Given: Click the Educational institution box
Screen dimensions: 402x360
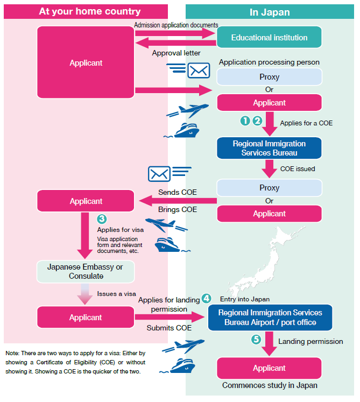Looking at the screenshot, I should (x=269, y=38).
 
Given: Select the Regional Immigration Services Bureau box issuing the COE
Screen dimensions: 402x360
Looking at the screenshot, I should (x=269, y=149).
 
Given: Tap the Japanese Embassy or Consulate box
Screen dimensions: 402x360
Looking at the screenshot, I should (x=86, y=272).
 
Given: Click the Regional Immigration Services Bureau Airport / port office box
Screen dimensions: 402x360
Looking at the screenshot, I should (x=269, y=318).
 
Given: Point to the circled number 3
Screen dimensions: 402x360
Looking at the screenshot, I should (x=101, y=219).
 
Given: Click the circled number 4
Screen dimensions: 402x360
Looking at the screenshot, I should (x=207, y=298).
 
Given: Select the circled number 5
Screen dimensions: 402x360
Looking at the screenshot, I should (x=256, y=340).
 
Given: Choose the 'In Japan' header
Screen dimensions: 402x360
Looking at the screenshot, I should (x=270, y=11).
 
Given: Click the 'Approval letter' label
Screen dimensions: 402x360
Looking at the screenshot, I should (x=176, y=53).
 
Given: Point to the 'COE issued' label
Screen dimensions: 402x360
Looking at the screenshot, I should (x=298, y=169).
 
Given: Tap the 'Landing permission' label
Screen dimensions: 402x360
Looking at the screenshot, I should (x=310, y=341).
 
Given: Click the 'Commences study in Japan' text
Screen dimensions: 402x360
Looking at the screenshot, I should (x=270, y=385).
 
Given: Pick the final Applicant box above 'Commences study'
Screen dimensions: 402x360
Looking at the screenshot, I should (x=269, y=368).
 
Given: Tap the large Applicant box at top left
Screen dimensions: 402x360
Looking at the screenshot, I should (x=86, y=63).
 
